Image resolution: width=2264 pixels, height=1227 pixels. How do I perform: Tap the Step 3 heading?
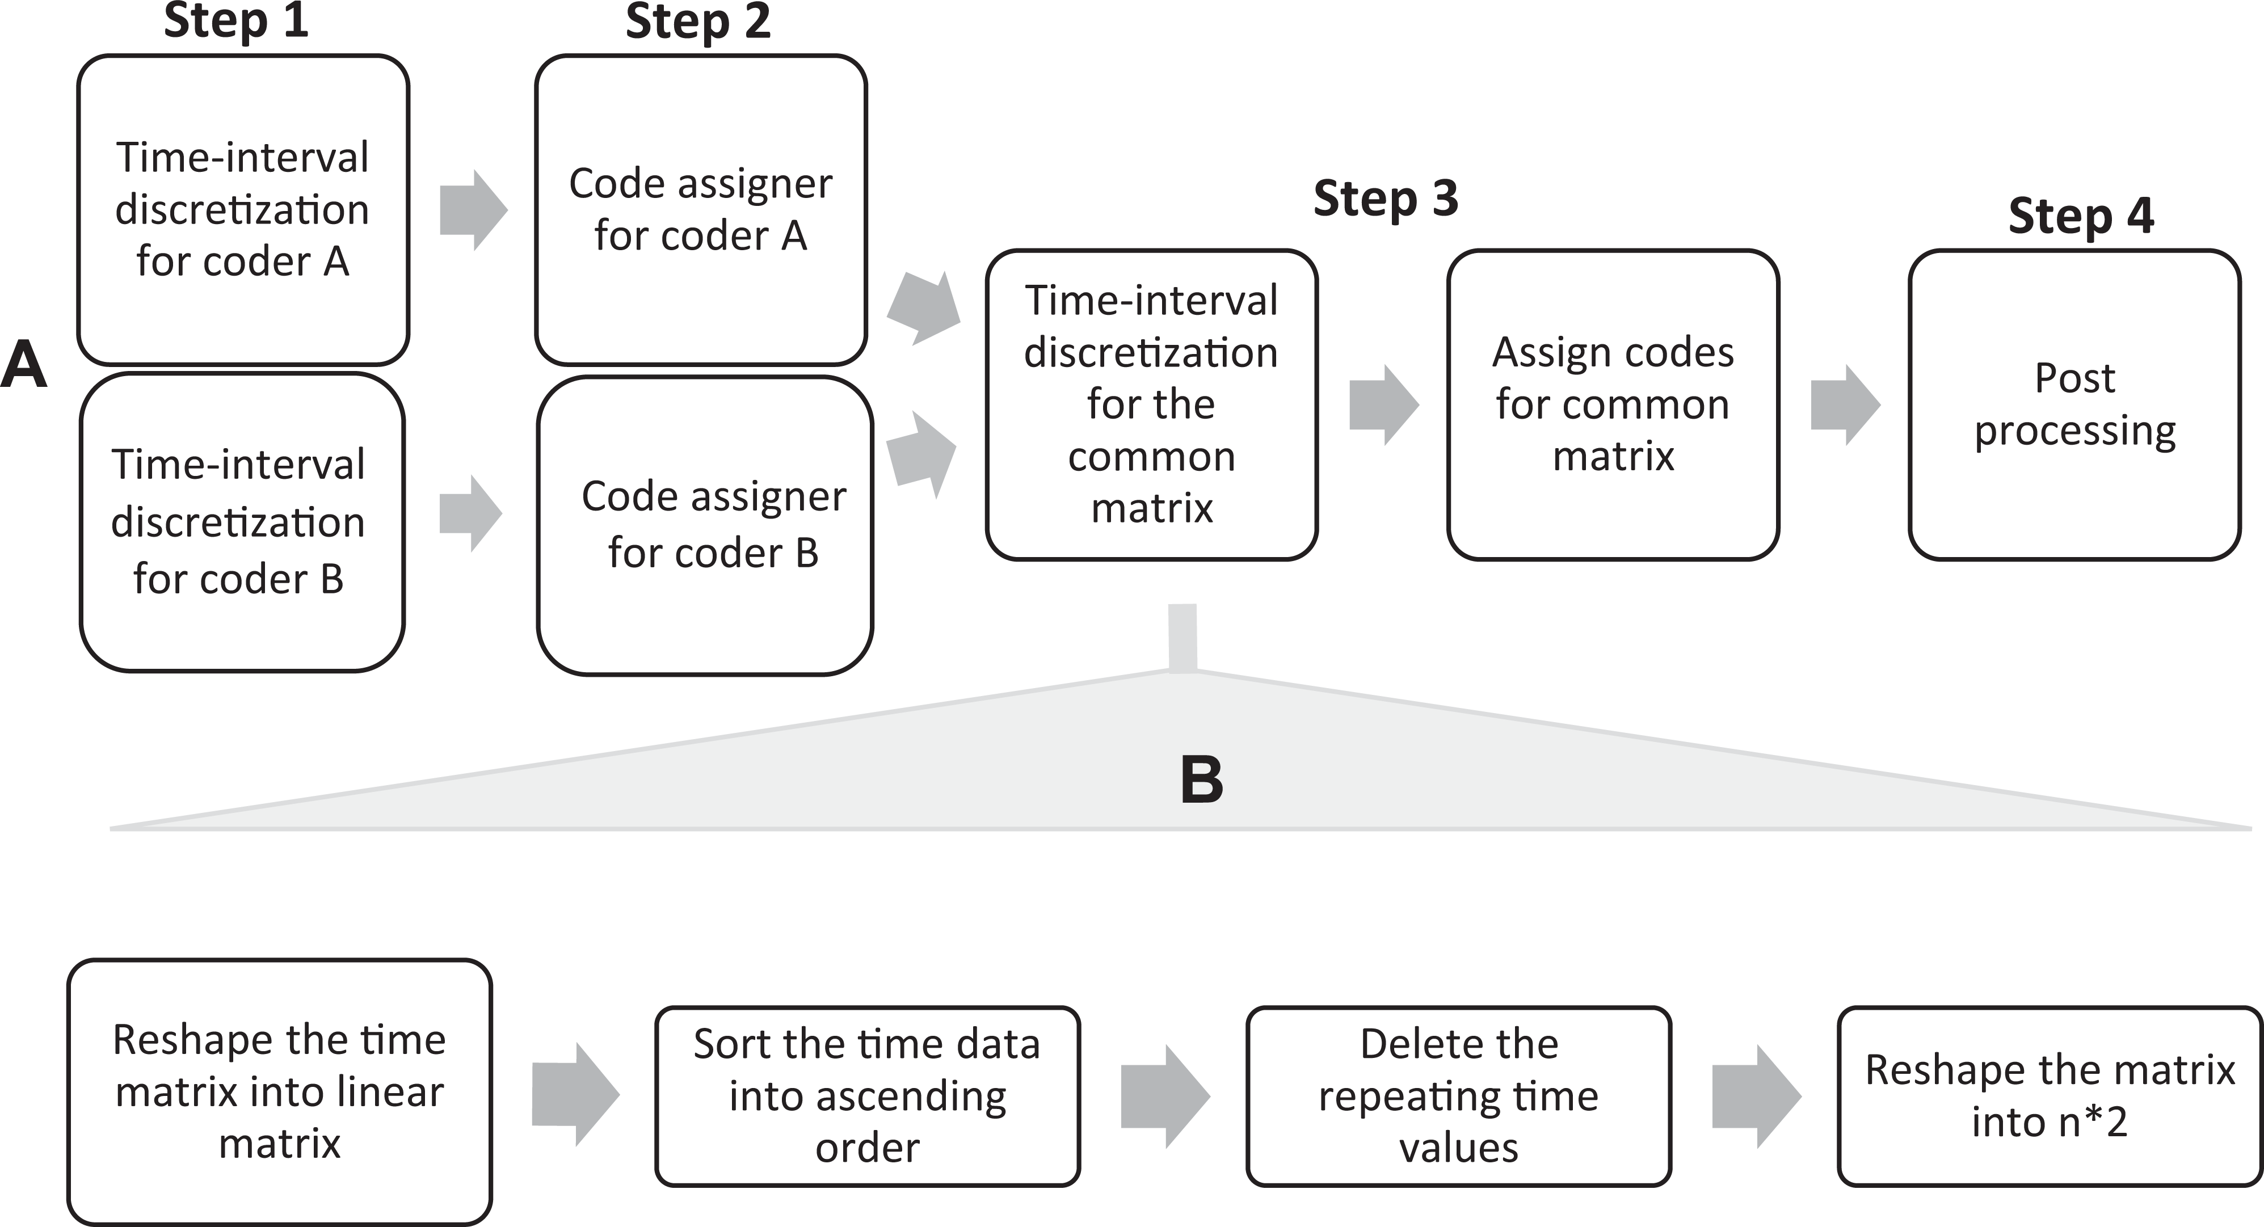(x=1386, y=198)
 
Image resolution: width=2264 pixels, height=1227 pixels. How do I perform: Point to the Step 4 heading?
(x=2081, y=216)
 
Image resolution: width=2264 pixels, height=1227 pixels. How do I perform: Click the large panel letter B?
(x=1201, y=779)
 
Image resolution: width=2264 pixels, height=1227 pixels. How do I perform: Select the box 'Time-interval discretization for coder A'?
(x=243, y=210)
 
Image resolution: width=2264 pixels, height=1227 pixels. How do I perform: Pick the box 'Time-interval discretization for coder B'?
(x=243, y=522)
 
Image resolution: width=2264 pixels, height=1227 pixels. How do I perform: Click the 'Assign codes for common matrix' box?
(x=1614, y=405)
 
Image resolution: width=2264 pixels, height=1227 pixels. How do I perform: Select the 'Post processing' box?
(x=2075, y=405)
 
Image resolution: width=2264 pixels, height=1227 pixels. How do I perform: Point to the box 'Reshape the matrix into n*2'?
(x=2050, y=1096)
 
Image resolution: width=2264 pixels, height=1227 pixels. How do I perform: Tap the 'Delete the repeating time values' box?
(x=1459, y=1096)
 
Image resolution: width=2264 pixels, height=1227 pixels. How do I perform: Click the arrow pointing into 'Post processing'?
(x=1846, y=405)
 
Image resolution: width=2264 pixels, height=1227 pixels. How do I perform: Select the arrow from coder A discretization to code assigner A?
(x=474, y=210)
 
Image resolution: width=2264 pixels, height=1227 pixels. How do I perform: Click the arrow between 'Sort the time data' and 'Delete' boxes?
(x=1165, y=1096)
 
